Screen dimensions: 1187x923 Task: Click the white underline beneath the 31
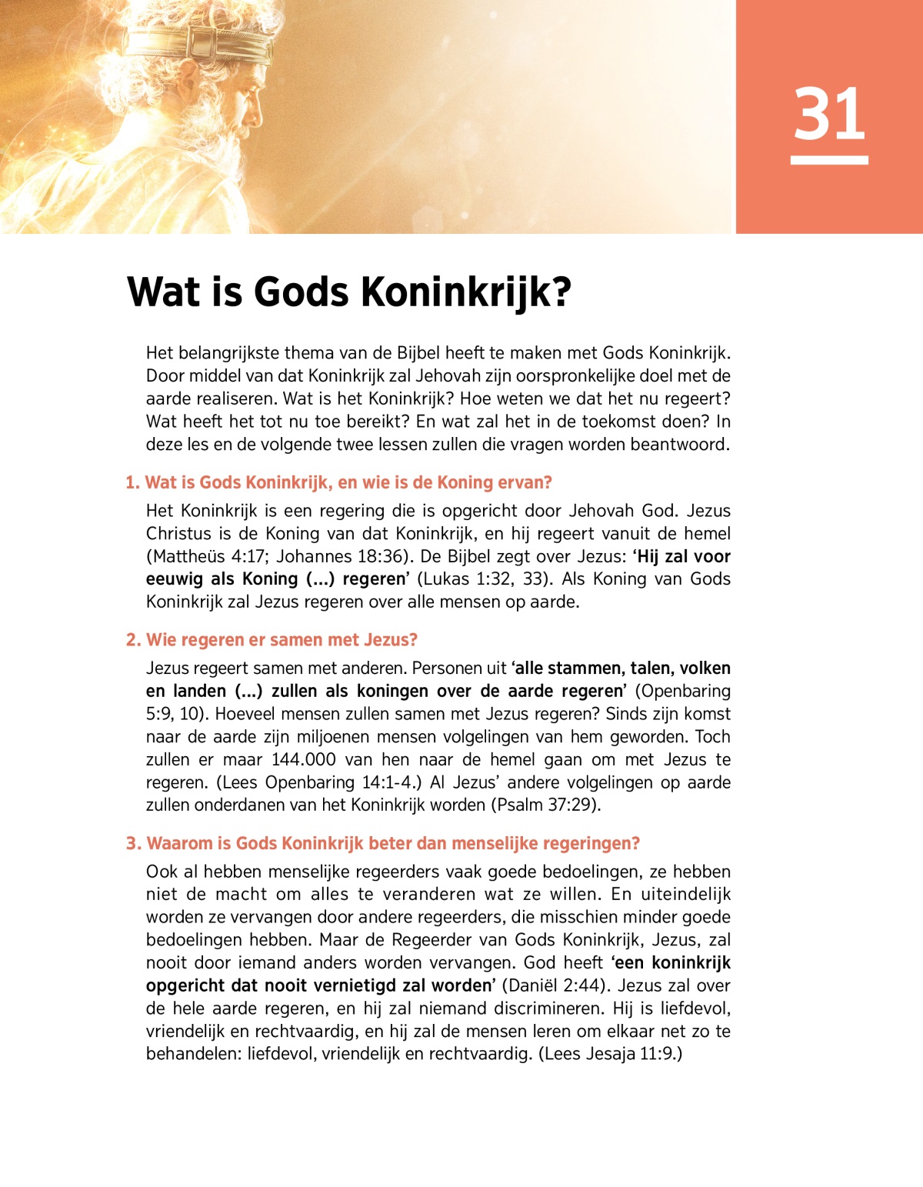(x=829, y=160)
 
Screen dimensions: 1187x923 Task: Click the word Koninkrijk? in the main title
(x=466, y=292)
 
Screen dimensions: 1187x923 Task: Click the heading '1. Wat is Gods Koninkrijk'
(x=338, y=482)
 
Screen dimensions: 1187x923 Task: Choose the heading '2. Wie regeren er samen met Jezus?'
(x=272, y=640)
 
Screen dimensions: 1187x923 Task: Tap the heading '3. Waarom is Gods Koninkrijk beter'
(x=382, y=843)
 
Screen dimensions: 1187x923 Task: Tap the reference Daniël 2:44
(x=555, y=985)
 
